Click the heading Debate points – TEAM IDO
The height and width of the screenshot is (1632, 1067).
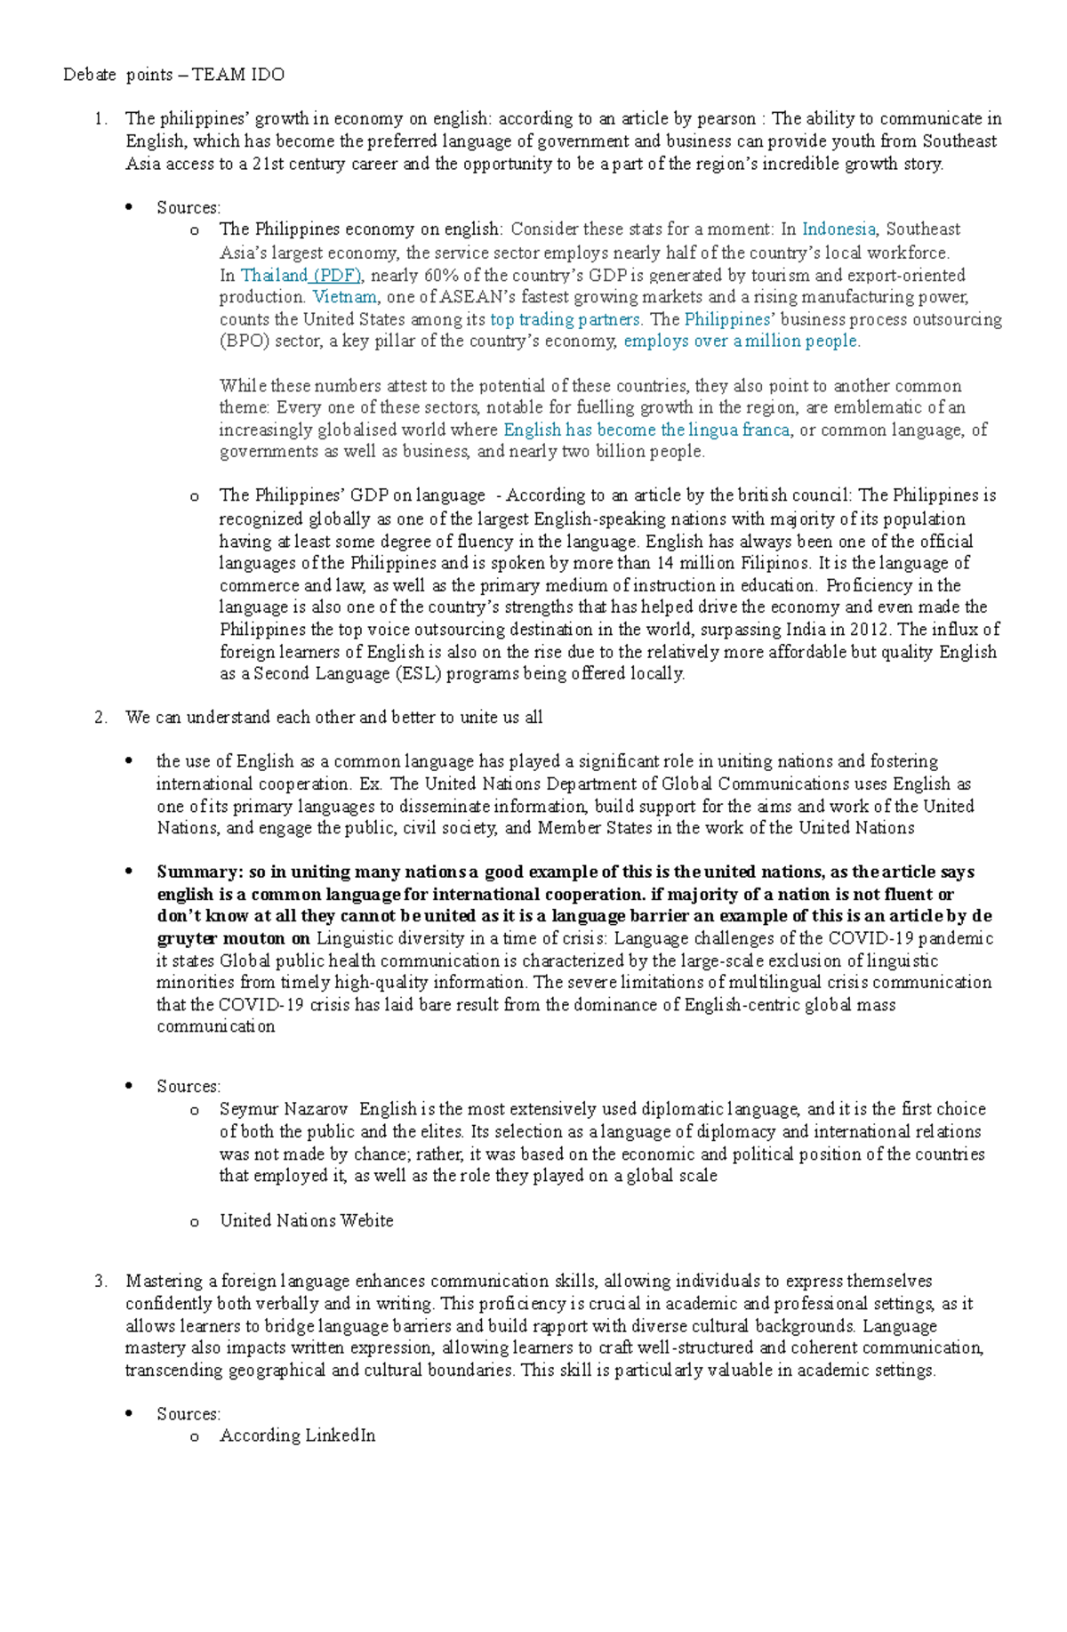click(173, 75)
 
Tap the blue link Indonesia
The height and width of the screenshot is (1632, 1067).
click(838, 229)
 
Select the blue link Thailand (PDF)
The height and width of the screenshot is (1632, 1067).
click(301, 275)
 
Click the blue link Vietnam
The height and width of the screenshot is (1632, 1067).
click(345, 297)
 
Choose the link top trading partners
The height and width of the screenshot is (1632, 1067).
click(565, 319)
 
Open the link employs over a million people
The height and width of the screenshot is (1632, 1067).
click(741, 342)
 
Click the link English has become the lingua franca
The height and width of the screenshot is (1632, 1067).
click(646, 430)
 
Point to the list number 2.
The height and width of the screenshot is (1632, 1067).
click(100, 718)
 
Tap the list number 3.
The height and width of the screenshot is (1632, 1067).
click(100, 1282)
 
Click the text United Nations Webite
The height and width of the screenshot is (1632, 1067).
click(307, 1221)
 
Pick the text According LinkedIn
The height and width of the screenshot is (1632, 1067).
click(298, 1435)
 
